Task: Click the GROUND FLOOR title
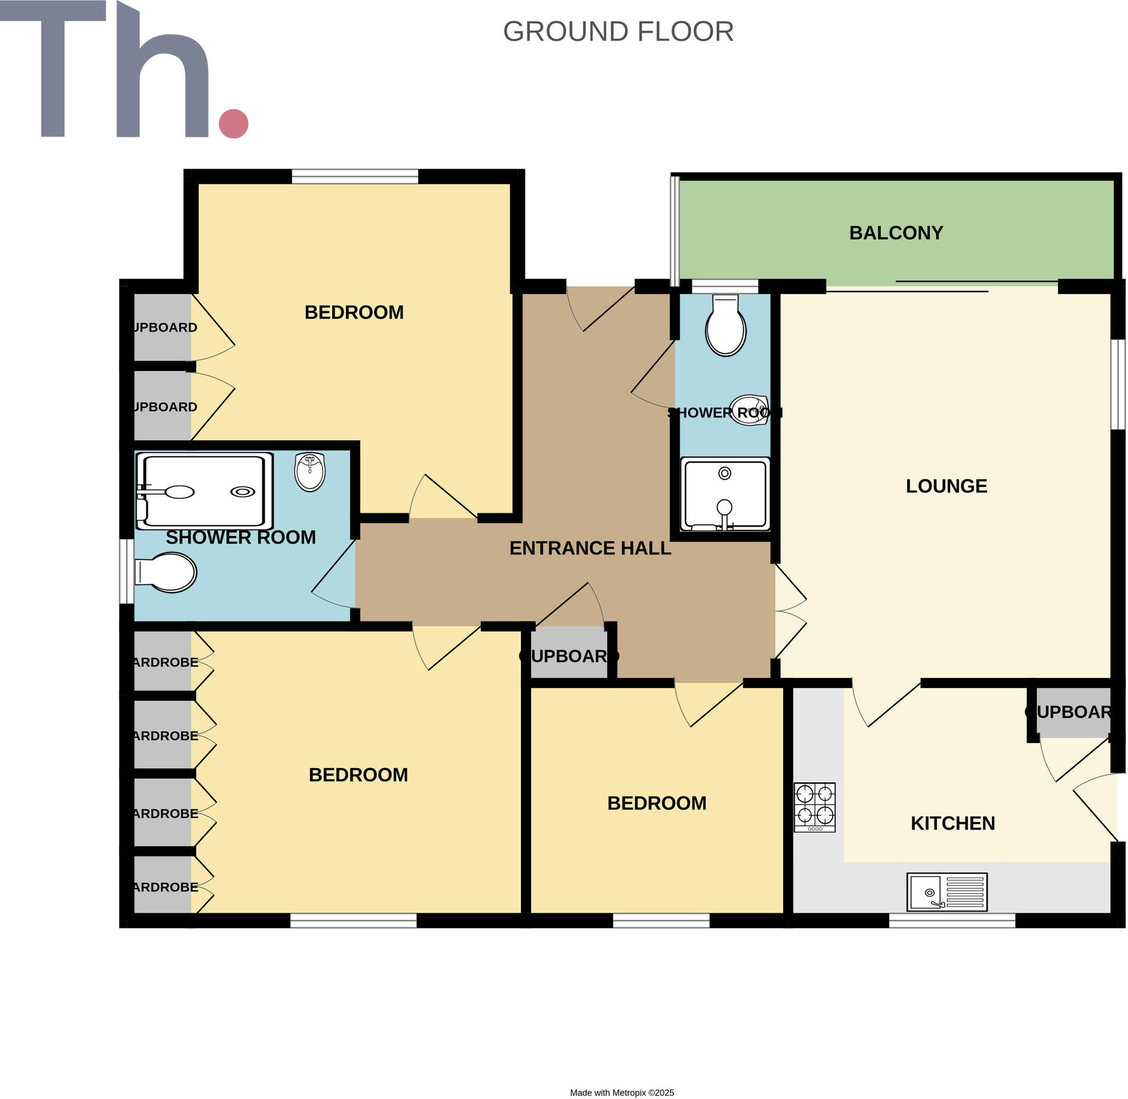tap(618, 32)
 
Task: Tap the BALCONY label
tap(896, 233)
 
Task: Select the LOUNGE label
tap(946, 486)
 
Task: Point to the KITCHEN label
tap(952, 824)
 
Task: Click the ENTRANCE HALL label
tap(590, 548)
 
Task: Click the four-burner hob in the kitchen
tap(814, 807)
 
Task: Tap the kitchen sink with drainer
tap(946, 892)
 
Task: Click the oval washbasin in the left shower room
tap(309, 471)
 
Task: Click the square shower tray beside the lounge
tap(725, 494)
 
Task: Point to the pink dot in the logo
tap(234, 124)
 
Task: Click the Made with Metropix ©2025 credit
tap(621, 1092)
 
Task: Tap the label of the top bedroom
tap(354, 312)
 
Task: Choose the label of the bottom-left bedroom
tap(358, 775)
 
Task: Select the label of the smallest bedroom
tap(657, 803)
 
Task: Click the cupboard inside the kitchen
tap(1073, 712)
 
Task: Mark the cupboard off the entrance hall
tap(569, 656)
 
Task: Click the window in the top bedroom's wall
tap(355, 176)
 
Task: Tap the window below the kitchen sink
tap(952, 920)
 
